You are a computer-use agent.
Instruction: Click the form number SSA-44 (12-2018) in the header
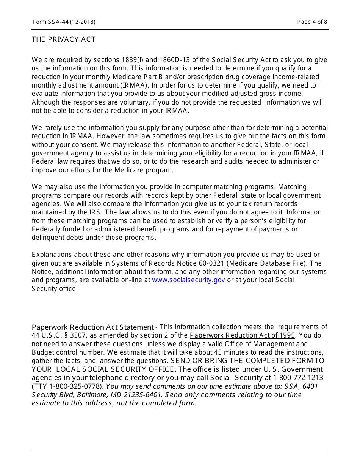pyautogui.click(x=64, y=22)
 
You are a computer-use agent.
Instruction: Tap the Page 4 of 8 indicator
pyautogui.click(x=312, y=22)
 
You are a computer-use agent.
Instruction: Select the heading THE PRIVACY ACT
pyautogui.click(x=64, y=39)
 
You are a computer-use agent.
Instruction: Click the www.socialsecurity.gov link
pyautogui.click(x=188, y=280)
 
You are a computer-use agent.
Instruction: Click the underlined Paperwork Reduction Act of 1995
pyautogui.click(x=242, y=335)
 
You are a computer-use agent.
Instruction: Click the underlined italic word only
pyautogui.click(x=191, y=395)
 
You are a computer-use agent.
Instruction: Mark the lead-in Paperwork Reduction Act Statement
pyautogui.click(x=92, y=327)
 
